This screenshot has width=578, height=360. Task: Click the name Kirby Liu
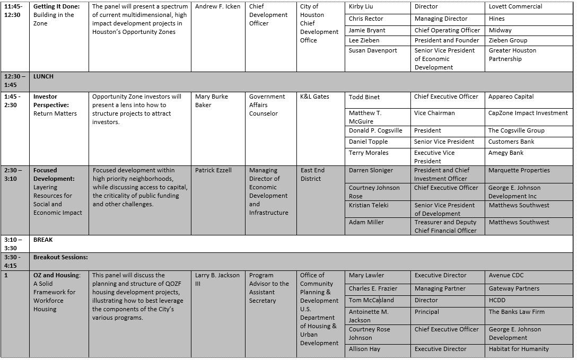click(x=361, y=7)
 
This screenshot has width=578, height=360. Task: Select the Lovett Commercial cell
click(x=515, y=7)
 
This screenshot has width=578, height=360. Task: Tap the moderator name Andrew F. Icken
click(x=217, y=7)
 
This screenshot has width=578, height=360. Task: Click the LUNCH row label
click(x=43, y=77)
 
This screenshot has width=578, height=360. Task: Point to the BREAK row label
click(x=43, y=240)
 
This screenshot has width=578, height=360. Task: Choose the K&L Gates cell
click(x=314, y=97)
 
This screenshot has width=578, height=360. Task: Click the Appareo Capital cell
click(x=511, y=97)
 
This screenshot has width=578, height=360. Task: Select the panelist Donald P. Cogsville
click(x=375, y=130)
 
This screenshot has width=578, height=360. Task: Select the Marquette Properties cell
click(x=519, y=171)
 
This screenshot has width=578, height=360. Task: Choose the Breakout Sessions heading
click(x=60, y=257)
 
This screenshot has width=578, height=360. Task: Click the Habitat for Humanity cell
click(x=519, y=349)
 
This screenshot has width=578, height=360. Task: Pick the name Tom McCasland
click(x=371, y=300)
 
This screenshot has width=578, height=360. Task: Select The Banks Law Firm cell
click(x=516, y=312)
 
